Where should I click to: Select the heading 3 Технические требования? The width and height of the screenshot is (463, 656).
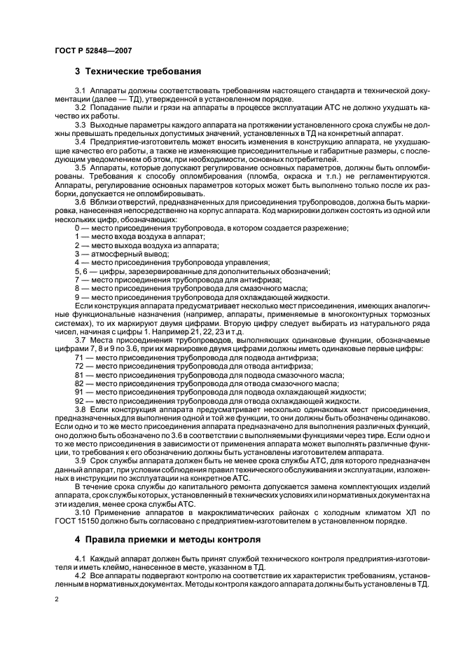click(138, 71)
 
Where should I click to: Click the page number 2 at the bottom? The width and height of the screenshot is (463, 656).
click(56, 600)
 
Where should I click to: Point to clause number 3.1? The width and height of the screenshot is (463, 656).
click(79, 92)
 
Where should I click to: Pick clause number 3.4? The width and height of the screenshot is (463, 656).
click(79, 141)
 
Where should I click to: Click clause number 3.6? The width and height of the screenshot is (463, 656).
click(79, 201)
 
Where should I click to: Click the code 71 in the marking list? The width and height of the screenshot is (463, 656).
click(79, 357)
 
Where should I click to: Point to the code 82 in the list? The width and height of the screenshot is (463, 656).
click(79, 384)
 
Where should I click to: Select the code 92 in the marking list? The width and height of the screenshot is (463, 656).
click(79, 402)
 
